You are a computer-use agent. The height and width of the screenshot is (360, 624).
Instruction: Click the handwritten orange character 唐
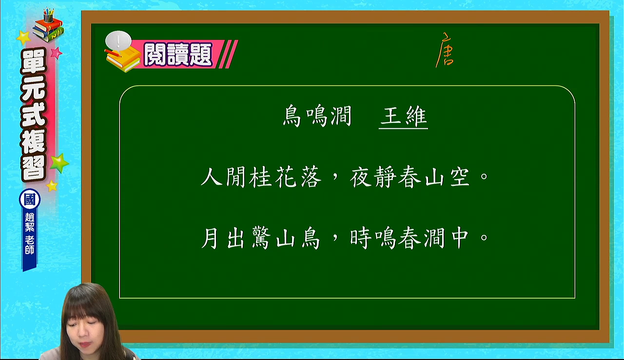(x=445, y=50)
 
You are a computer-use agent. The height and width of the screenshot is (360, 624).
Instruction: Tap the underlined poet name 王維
(x=403, y=117)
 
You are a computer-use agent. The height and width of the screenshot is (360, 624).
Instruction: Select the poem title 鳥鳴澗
(x=317, y=116)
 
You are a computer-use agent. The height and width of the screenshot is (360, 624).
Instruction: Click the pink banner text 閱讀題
(x=178, y=54)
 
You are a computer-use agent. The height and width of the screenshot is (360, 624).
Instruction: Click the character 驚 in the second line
(x=261, y=238)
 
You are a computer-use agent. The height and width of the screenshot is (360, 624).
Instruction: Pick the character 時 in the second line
(x=361, y=238)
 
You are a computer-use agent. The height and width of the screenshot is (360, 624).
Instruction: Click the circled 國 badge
(x=30, y=200)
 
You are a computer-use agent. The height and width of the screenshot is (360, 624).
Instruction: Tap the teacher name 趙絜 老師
(x=30, y=234)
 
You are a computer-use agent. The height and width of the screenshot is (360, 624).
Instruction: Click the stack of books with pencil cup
(x=48, y=25)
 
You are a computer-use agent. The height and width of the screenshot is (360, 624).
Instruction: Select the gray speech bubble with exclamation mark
(x=118, y=40)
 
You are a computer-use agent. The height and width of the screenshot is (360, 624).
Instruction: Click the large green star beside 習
(x=59, y=163)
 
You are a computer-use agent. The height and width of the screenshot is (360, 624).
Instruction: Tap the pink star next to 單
(x=57, y=53)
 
